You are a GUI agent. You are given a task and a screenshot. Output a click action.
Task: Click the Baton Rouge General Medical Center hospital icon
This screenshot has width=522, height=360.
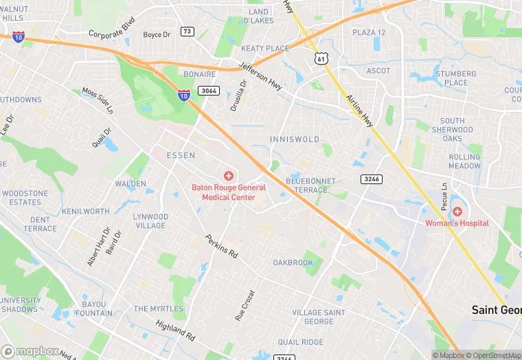[229, 177]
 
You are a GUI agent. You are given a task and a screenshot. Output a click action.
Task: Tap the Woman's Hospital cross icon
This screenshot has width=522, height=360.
[457, 212]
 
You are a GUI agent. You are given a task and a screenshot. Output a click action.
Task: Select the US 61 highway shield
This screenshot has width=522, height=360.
[321, 59]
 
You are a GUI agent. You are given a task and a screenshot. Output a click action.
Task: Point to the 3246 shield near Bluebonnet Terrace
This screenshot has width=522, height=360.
[371, 179]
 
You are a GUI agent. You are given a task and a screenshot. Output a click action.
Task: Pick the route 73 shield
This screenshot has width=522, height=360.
[188, 32]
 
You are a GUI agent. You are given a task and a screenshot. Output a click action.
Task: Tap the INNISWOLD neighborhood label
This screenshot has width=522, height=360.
[295, 139]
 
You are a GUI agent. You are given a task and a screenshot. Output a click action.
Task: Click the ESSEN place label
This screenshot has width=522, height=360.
[181, 155]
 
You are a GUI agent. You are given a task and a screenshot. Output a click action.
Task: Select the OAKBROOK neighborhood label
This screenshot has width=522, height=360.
[293, 262]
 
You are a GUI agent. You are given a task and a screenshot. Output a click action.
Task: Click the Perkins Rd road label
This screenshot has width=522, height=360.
[221, 247]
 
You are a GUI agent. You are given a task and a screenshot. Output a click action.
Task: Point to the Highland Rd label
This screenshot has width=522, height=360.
[175, 330]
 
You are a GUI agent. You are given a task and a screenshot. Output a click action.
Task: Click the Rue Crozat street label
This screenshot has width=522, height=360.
[245, 305]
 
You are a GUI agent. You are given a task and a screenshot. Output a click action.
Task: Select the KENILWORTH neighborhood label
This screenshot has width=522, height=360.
[85, 212]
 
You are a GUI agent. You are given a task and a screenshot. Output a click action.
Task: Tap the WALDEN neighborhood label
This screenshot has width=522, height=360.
[130, 184]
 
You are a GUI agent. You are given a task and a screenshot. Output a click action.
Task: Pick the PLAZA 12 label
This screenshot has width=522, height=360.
[369, 32]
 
